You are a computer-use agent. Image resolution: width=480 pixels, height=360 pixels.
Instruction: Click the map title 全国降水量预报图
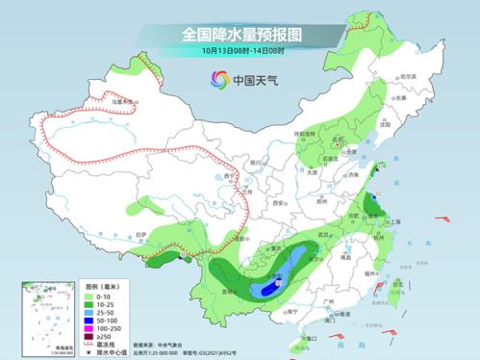coord(240,34)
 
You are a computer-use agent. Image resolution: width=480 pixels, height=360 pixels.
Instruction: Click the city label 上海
coord(392,220)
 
